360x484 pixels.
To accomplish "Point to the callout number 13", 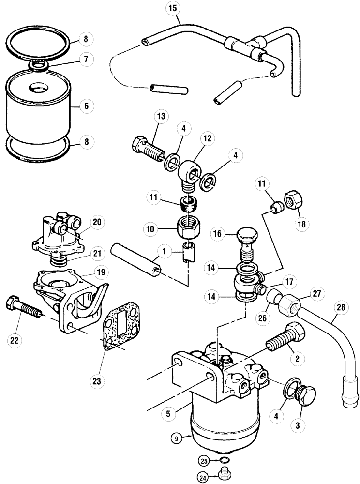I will tap(161, 117).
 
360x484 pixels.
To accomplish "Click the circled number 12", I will tap(207, 139).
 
